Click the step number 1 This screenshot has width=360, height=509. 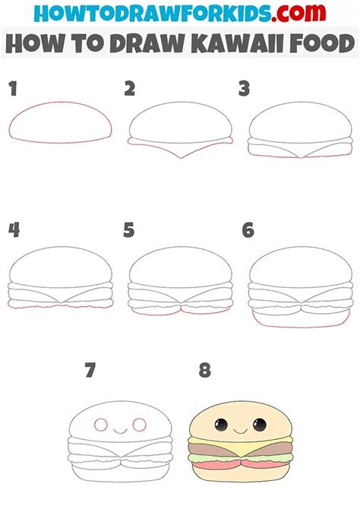point(12,89)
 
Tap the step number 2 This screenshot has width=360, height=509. point(130,89)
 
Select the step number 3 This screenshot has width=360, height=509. point(244,89)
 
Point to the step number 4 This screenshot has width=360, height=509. point(13,229)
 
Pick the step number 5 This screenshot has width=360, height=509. point(129,229)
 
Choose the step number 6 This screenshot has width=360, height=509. point(247,229)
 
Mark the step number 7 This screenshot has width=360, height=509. point(91,371)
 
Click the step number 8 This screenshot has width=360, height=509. point(204,371)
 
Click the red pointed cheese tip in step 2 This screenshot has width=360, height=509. point(179,157)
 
